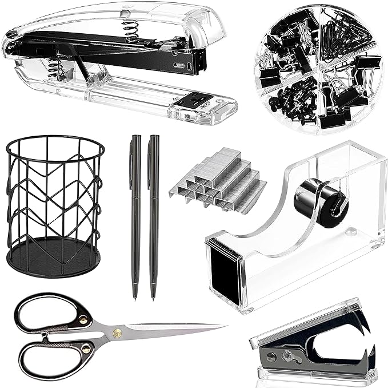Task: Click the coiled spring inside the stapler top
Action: click(x=131, y=31)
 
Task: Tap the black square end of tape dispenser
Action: click(x=225, y=270)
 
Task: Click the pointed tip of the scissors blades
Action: click(x=223, y=327)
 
